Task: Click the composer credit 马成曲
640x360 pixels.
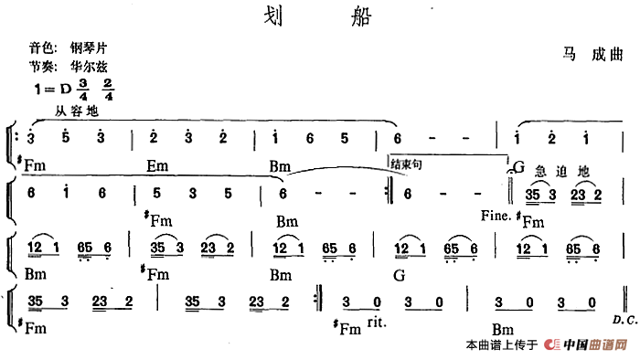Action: [x=592, y=56]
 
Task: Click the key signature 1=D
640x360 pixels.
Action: [x=51, y=90]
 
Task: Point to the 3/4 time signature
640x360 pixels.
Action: [x=85, y=90]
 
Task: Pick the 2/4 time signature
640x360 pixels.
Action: [x=109, y=90]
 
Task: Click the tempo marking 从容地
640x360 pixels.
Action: [x=76, y=111]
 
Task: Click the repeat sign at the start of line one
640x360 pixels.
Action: [x=17, y=138]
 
